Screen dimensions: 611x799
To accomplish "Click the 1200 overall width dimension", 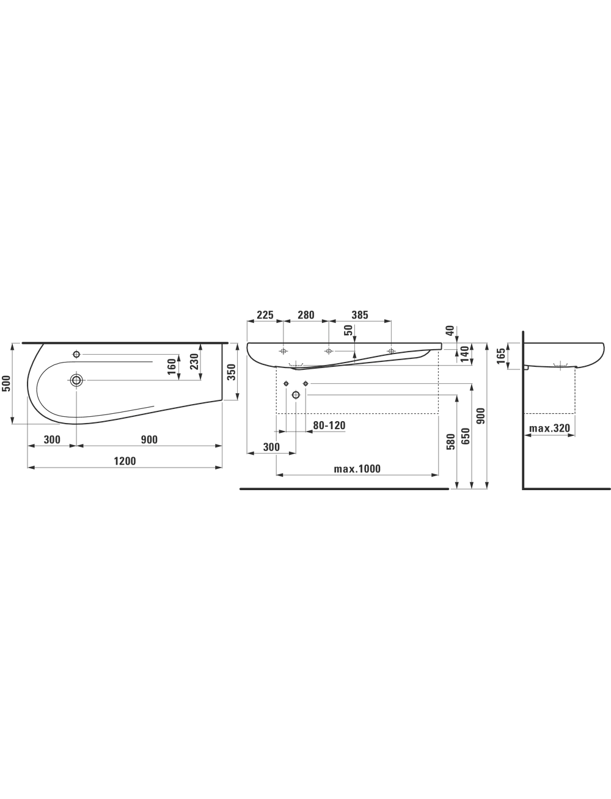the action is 125,461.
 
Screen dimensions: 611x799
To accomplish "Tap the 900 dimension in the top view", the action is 149,439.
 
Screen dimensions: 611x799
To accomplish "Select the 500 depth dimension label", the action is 6,384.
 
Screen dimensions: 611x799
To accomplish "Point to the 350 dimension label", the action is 232,372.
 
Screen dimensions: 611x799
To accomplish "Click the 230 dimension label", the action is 194,361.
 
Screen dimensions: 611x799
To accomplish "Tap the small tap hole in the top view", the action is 76,354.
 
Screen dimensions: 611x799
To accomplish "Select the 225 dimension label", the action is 265,315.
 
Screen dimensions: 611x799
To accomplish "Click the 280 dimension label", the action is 305,315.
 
